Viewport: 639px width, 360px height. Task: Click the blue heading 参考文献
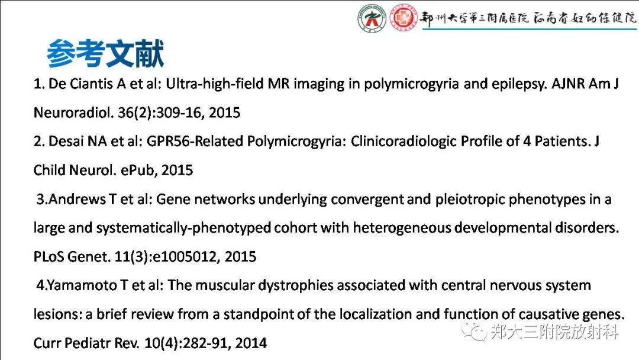[105, 54]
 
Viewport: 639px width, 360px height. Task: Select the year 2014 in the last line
[250, 343]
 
